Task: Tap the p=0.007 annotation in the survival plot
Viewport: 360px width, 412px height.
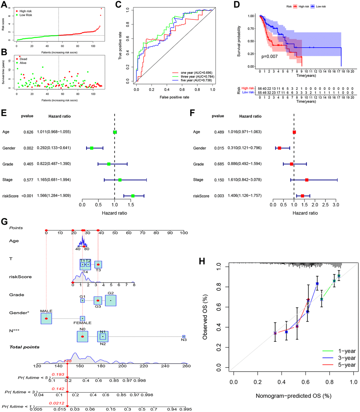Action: coord(269,56)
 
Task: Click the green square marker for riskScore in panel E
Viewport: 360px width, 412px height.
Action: coord(133,196)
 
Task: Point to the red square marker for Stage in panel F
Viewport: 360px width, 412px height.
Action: coord(307,180)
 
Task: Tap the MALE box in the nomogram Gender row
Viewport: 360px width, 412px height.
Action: coord(46,318)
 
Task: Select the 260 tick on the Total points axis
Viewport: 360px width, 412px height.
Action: coord(184,366)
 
